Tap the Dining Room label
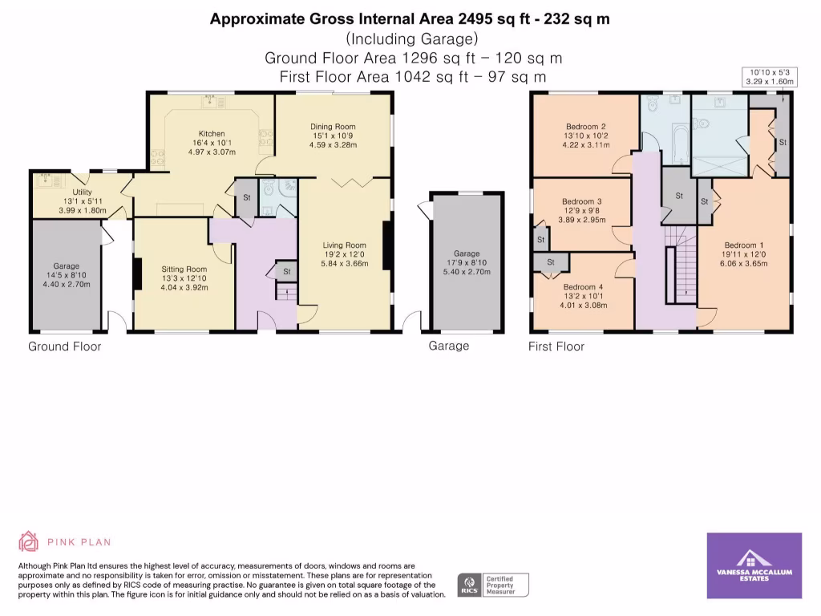pyautogui.click(x=333, y=127)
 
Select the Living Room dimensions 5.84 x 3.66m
pyautogui.click(x=344, y=264)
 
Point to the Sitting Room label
pyautogui.click(x=184, y=269)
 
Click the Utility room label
pyautogui.click(x=83, y=192)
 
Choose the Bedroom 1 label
pyautogui.click(x=744, y=245)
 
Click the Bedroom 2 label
pyautogui.click(x=585, y=127)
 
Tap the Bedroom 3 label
pyautogui.click(x=581, y=201)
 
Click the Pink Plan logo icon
pyautogui.click(x=29, y=541)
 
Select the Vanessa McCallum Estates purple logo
pyautogui.click(x=754, y=565)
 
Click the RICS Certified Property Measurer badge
pyautogui.click(x=492, y=585)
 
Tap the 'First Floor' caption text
pyautogui.click(x=556, y=346)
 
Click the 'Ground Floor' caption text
pyautogui.click(x=65, y=346)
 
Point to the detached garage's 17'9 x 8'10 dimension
pyautogui.click(x=466, y=262)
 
